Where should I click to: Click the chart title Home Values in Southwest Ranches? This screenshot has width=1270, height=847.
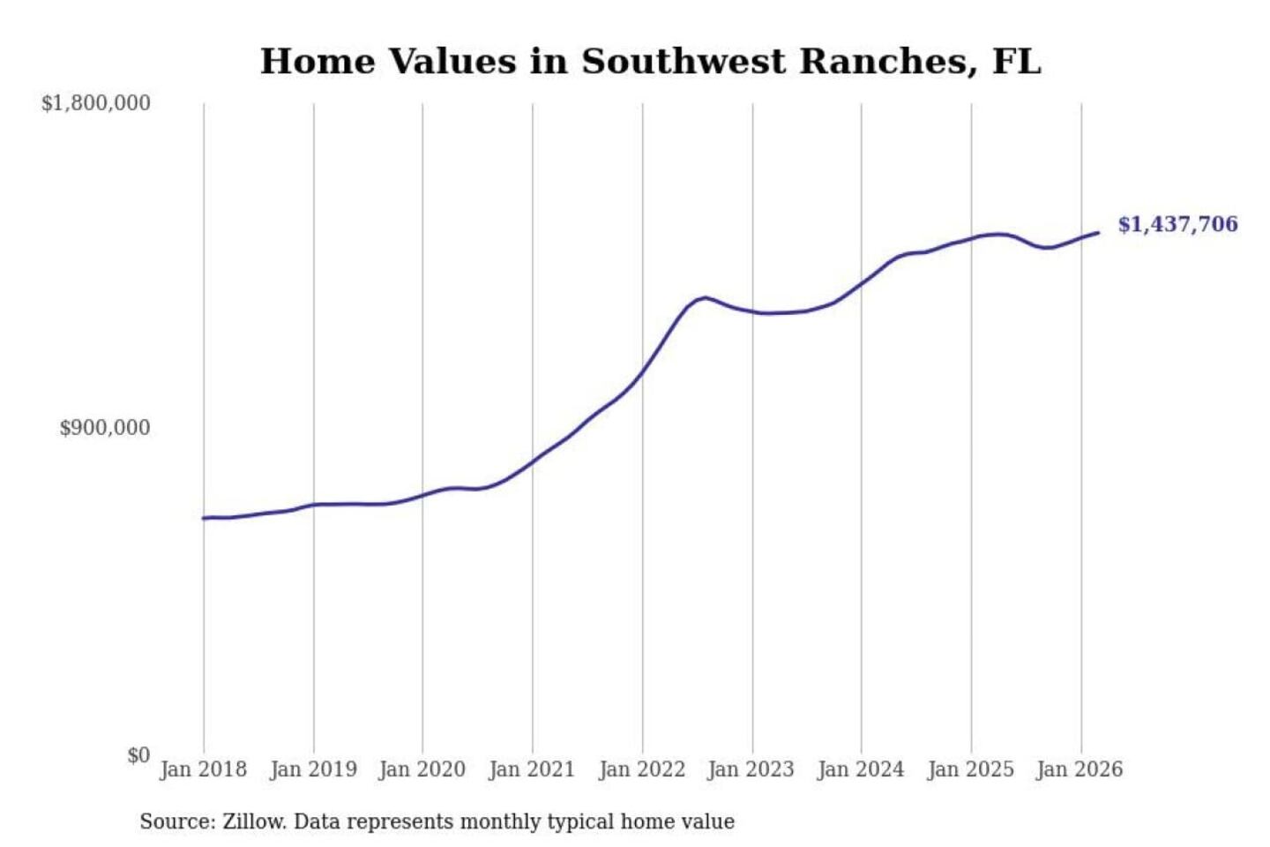coord(650,62)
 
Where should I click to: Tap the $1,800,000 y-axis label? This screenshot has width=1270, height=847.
coord(96,103)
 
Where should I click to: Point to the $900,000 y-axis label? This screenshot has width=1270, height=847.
coord(105,428)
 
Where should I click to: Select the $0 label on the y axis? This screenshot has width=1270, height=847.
coord(138,755)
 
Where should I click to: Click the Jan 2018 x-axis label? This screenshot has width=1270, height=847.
coord(203,769)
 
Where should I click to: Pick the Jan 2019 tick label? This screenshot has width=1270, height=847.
coord(313,769)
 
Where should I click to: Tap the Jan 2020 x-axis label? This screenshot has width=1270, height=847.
coord(422,769)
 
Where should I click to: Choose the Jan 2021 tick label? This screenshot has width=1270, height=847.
coord(532,769)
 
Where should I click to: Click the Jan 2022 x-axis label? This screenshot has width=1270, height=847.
coord(642,769)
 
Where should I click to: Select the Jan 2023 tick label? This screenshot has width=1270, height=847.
coord(751,769)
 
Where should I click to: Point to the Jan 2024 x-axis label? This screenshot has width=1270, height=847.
coord(861,769)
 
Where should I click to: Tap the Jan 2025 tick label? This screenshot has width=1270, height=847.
coord(970,769)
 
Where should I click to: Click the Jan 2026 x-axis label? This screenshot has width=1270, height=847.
coord(1079,769)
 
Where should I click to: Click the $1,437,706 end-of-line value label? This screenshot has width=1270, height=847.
coord(1177,224)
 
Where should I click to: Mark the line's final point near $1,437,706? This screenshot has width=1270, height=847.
coord(1098,233)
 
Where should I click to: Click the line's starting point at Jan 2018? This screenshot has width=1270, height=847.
coord(204,518)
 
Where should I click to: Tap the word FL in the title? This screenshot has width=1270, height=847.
coord(1017,62)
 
